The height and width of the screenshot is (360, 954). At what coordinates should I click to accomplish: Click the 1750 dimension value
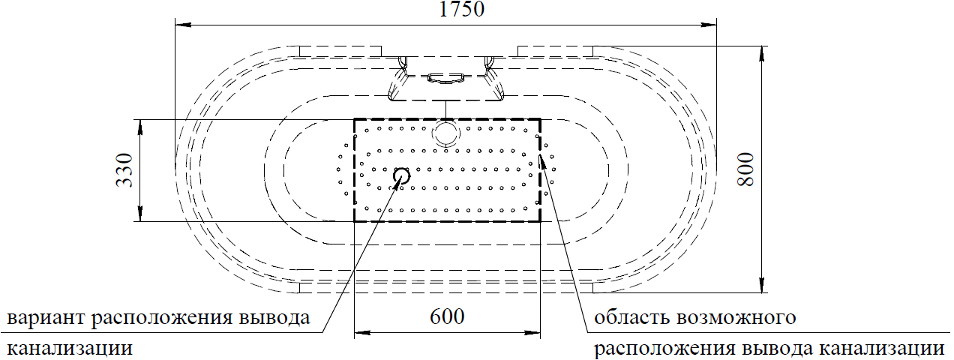pyautogui.click(x=461, y=9)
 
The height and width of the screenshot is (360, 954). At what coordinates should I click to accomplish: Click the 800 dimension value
pyautogui.click(x=746, y=169)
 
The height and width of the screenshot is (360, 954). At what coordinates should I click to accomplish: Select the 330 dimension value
pyautogui.click(x=124, y=170)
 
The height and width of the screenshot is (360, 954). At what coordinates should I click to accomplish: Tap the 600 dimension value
pyautogui.click(x=447, y=316)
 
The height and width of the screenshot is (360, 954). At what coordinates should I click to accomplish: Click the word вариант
pyautogui.click(x=46, y=318)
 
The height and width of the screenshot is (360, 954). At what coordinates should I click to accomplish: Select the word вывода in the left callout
pyautogui.click(x=274, y=318)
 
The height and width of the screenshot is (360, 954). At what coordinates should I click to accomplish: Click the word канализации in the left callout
pyautogui.click(x=70, y=349)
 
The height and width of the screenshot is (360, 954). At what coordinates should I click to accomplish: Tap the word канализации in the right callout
pyautogui.click(x=882, y=349)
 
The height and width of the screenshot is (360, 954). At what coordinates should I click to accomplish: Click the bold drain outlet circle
pyautogui.click(x=401, y=175)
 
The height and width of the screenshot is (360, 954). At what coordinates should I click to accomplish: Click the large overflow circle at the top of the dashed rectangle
pyautogui.click(x=446, y=133)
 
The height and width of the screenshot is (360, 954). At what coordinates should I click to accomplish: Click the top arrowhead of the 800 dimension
pyautogui.click(x=761, y=54)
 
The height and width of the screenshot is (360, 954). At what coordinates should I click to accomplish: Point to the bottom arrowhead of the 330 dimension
pyautogui.click(x=140, y=214)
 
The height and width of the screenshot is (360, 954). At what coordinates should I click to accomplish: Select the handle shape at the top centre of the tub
pyautogui.click(x=446, y=79)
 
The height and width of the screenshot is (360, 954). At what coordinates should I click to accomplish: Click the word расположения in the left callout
pyautogui.click(x=161, y=319)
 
